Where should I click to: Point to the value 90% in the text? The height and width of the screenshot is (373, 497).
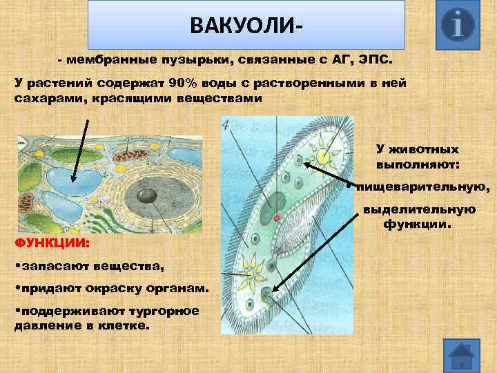click(x=185, y=84)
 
